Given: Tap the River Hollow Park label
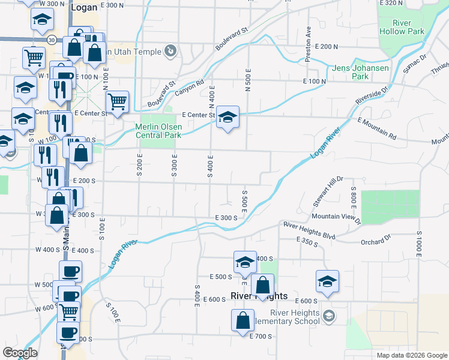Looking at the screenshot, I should (x=402, y=27).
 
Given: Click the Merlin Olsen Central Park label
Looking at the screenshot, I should (x=158, y=131).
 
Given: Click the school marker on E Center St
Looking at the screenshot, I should (x=228, y=118).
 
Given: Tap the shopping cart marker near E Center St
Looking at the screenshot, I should (x=117, y=101).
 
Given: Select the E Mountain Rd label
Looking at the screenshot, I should (x=377, y=128).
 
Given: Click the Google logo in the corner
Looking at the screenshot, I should (x=20, y=353).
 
